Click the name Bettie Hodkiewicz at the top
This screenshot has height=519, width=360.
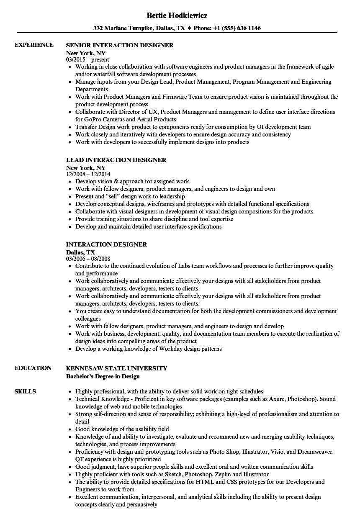click(x=177, y=15)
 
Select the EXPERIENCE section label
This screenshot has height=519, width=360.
click(x=34, y=45)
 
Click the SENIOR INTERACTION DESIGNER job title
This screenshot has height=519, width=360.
click(x=120, y=45)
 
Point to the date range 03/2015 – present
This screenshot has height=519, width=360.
click(x=87, y=59)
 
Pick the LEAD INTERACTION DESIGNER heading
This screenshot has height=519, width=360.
click(x=116, y=160)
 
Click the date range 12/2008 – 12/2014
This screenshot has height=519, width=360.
click(x=88, y=174)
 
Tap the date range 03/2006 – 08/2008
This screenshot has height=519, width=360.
click(x=88, y=259)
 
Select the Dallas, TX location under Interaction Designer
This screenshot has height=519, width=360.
click(x=80, y=252)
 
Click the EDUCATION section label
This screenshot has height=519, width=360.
click(x=33, y=368)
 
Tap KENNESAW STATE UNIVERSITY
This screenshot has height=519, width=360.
click(x=116, y=368)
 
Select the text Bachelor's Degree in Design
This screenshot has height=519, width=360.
click(x=103, y=376)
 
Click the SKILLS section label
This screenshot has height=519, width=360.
click(x=25, y=391)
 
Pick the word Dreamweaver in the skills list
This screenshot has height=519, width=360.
click(x=316, y=452)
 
